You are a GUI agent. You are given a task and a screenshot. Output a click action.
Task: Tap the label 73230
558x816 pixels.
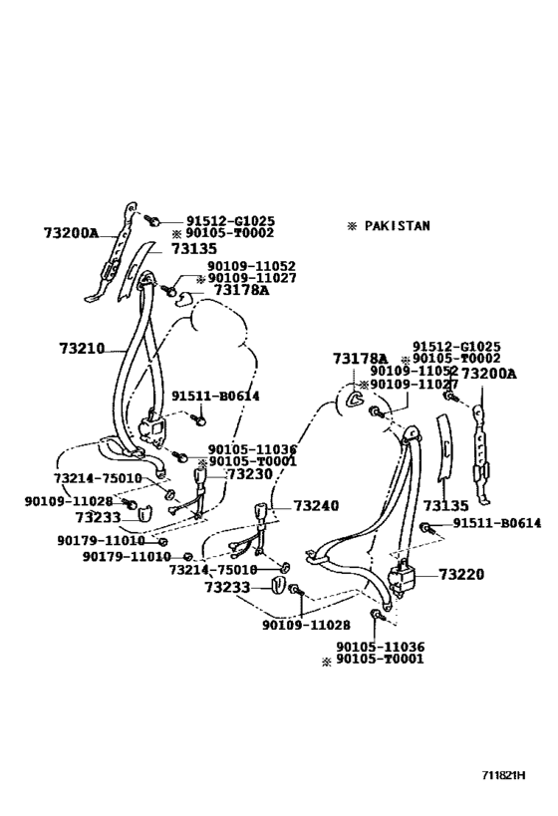pos(249,474)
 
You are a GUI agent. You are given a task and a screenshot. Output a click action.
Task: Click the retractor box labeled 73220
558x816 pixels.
pos(406,578)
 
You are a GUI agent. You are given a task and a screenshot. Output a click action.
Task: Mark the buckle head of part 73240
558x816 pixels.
pos(264,515)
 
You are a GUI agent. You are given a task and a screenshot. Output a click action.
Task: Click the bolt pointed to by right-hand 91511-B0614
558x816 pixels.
pos(426,526)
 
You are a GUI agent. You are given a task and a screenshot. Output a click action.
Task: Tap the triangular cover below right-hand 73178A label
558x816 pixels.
pos(354,401)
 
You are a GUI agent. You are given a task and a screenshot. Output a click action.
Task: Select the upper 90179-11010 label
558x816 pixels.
pos(102,540)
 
